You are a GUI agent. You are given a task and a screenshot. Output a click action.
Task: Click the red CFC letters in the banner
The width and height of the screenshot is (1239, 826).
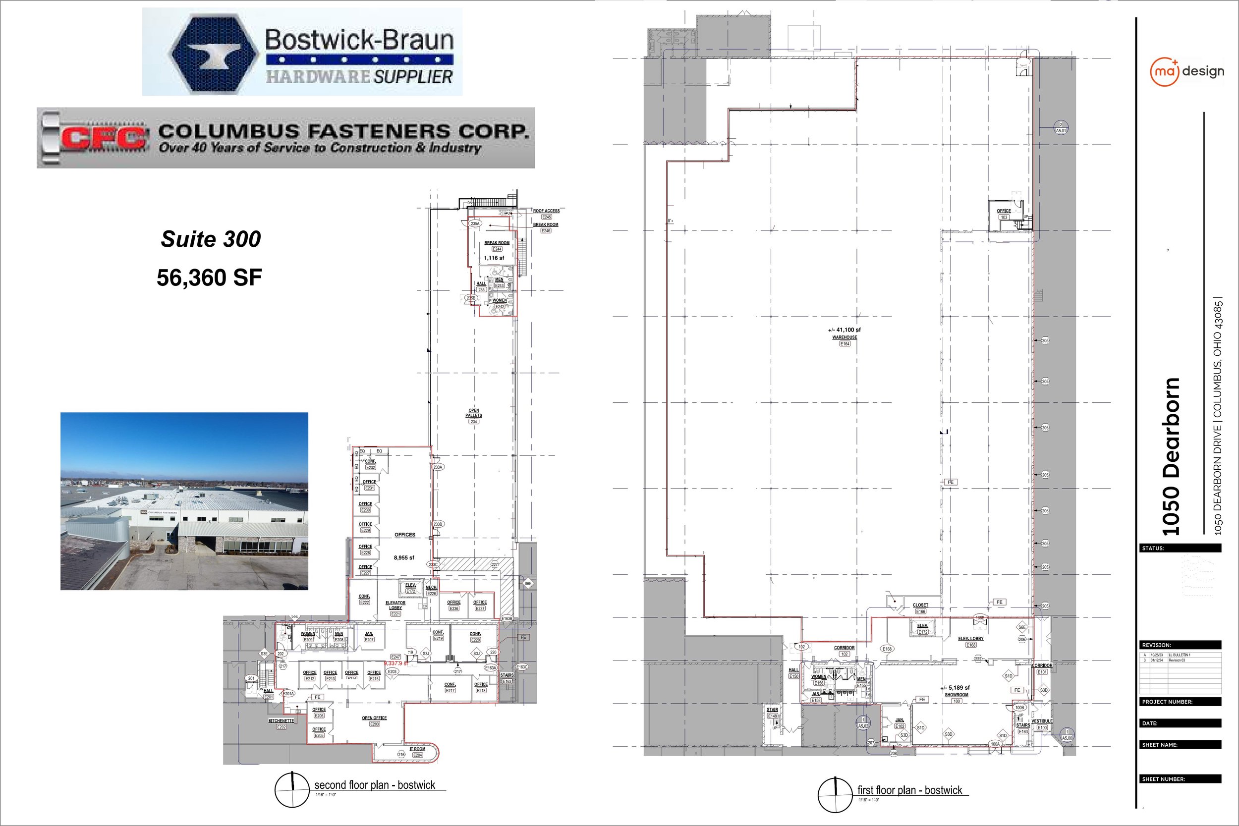(x=103, y=138)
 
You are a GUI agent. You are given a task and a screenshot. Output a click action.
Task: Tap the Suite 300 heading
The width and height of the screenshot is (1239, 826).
(x=211, y=239)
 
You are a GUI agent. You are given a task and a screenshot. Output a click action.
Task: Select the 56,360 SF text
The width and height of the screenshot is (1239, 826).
(x=209, y=277)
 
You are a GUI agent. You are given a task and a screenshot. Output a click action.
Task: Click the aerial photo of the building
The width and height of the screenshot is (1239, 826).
(x=184, y=501)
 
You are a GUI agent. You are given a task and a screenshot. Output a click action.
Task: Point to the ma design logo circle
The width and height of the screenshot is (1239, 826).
(x=1164, y=72)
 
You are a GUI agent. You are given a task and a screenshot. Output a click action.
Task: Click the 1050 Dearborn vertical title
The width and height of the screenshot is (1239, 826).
(x=1171, y=456)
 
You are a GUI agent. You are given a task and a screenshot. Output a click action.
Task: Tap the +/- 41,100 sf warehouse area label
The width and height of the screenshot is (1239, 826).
(x=845, y=330)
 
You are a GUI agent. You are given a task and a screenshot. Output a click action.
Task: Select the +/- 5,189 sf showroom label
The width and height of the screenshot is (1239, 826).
(x=955, y=687)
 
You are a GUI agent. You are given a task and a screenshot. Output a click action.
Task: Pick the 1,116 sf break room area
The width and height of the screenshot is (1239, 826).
(x=494, y=258)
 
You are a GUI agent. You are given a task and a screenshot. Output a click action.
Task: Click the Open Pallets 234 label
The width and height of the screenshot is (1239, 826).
(x=474, y=413)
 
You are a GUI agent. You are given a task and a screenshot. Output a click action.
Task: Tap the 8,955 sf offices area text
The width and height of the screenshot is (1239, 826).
(x=404, y=557)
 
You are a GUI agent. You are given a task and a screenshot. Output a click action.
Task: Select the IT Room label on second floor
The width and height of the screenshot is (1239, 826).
(x=417, y=749)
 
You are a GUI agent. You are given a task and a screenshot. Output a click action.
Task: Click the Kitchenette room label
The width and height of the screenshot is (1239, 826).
(x=282, y=720)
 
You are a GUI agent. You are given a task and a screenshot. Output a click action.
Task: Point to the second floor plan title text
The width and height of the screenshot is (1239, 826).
(x=375, y=785)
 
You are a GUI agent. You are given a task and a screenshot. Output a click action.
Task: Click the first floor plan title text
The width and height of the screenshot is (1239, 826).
(x=910, y=790)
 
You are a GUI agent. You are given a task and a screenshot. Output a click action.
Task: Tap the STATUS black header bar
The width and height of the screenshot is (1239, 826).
(x=1181, y=549)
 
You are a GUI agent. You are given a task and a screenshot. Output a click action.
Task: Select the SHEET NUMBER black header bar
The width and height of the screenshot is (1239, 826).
(x=1181, y=779)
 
